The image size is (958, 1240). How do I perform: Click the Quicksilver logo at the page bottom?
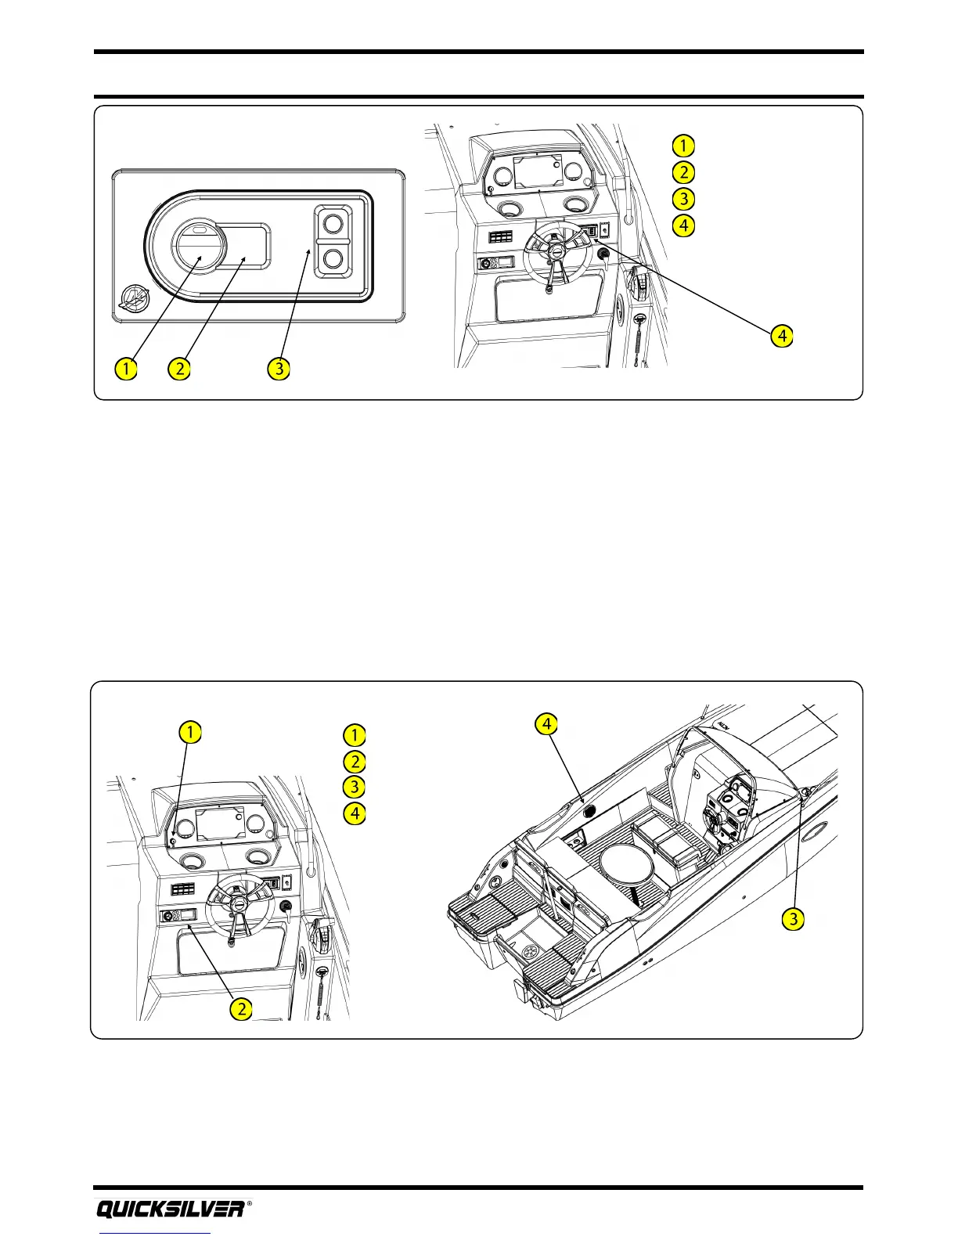(x=171, y=1209)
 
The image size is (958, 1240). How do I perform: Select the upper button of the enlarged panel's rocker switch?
(x=333, y=225)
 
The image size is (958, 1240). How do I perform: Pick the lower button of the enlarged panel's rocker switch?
(x=333, y=258)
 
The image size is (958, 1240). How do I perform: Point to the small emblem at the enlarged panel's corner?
(x=133, y=298)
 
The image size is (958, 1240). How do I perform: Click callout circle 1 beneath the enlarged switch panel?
(x=125, y=367)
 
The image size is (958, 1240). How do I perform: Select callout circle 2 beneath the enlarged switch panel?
(x=180, y=367)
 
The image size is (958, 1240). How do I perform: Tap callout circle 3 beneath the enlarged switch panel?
(x=279, y=367)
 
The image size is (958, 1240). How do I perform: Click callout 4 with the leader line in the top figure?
(x=781, y=336)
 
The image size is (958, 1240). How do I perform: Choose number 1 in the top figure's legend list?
(x=683, y=146)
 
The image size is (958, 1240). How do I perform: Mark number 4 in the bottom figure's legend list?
(x=355, y=813)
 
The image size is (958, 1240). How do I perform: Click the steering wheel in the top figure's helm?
(x=556, y=251)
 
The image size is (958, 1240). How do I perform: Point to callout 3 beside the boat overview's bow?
(x=794, y=918)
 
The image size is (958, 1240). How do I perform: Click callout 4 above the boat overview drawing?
(x=546, y=724)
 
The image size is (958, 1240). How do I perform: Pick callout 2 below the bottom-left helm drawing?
(x=242, y=1008)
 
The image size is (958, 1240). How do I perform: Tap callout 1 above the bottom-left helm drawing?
(x=189, y=733)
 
